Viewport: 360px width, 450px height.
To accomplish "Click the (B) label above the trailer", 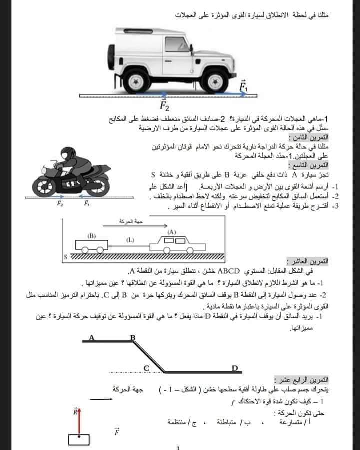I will (x=91, y=235).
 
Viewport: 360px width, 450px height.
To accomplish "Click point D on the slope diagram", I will (x=235, y=368).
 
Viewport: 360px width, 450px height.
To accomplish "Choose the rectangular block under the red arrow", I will (x=79, y=440).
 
